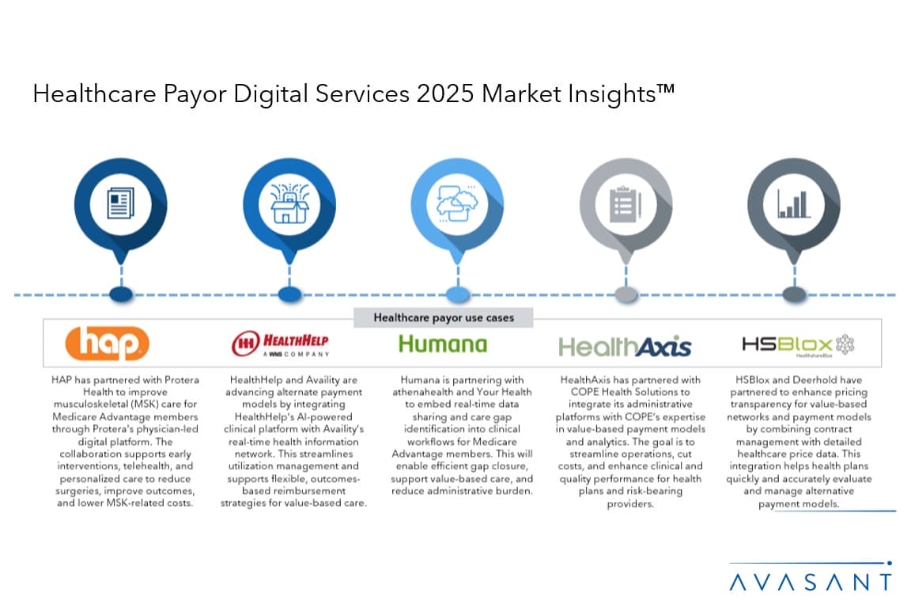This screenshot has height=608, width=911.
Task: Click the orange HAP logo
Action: (107, 344)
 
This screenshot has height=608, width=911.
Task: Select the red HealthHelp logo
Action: (280, 344)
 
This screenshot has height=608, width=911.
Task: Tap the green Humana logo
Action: (443, 344)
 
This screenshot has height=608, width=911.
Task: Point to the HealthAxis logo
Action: (625, 346)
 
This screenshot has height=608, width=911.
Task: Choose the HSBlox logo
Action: (798, 345)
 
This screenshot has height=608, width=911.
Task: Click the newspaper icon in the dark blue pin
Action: (121, 203)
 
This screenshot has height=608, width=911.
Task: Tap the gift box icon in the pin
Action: (289, 203)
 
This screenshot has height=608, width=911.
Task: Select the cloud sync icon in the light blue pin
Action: (457, 203)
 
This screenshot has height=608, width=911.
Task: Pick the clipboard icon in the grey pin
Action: (626, 204)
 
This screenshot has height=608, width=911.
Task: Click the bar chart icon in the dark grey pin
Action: (794, 203)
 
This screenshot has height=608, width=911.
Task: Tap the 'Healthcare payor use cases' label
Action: (444, 317)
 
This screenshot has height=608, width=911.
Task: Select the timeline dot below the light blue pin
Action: (458, 294)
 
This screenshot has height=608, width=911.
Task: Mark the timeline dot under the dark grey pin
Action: (794, 294)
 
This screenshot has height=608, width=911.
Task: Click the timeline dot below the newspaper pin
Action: (121, 294)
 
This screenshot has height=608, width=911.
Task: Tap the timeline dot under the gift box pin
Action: (289, 294)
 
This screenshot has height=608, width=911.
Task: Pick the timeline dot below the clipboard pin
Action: (626, 294)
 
